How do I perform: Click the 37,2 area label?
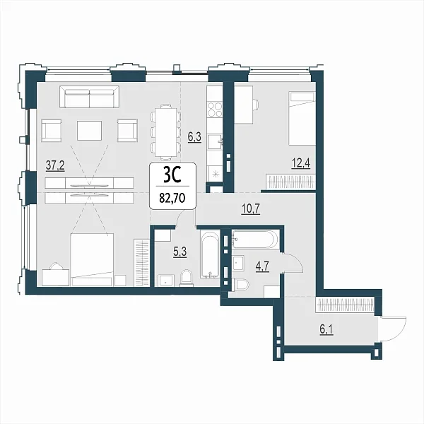click(x=55, y=165)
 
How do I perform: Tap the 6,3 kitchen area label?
click(x=194, y=137)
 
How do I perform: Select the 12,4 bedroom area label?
click(x=300, y=163)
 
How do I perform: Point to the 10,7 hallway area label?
click(x=250, y=208)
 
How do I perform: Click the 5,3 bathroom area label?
click(x=179, y=252)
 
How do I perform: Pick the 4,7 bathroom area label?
click(x=262, y=266)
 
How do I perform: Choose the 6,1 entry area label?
click(x=326, y=329)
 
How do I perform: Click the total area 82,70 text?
click(x=172, y=198)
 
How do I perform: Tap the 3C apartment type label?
click(x=172, y=175)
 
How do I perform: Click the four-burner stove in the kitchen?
click(x=215, y=109)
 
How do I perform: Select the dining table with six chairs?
click(x=165, y=132)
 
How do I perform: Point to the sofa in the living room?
click(x=89, y=97)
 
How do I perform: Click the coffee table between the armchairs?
click(x=89, y=131)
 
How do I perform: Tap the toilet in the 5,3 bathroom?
click(x=186, y=278)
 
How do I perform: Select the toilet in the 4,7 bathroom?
click(x=242, y=285)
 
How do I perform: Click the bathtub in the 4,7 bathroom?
click(x=254, y=240)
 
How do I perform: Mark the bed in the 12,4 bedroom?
click(x=302, y=119)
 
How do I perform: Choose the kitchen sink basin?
click(x=216, y=141)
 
